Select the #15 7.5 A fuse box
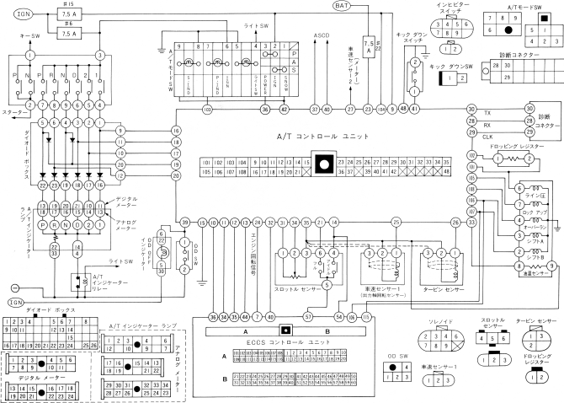click(68, 16)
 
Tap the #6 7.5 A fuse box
click(68, 33)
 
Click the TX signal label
click(487, 112)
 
